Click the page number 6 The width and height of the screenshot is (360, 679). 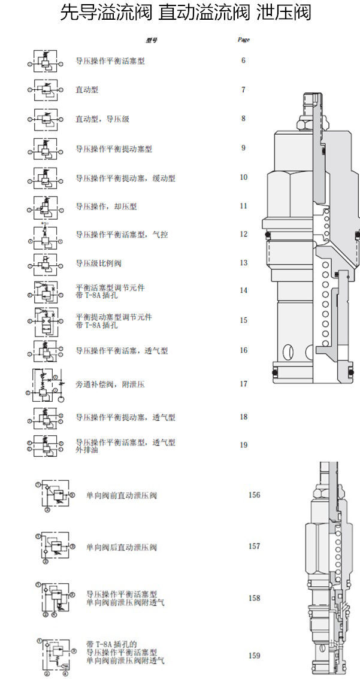click(x=243, y=60)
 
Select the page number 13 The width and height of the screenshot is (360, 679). click(x=243, y=263)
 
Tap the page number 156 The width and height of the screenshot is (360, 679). click(x=255, y=495)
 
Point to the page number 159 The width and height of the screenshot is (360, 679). click(x=255, y=656)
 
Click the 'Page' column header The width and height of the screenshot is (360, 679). click(x=243, y=40)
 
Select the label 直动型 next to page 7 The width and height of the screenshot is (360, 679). click(x=86, y=90)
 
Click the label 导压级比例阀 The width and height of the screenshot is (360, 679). click(x=98, y=263)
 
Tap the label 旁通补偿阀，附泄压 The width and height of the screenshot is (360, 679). click(x=110, y=384)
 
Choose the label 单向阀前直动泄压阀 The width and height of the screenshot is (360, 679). click(x=122, y=496)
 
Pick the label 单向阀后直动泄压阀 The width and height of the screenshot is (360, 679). click(x=122, y=547)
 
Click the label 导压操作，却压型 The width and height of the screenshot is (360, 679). click(x=106, y=207)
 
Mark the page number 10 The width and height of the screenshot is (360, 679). click(x=243, y=177)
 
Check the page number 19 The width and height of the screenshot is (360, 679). click(x=243, y=445)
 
